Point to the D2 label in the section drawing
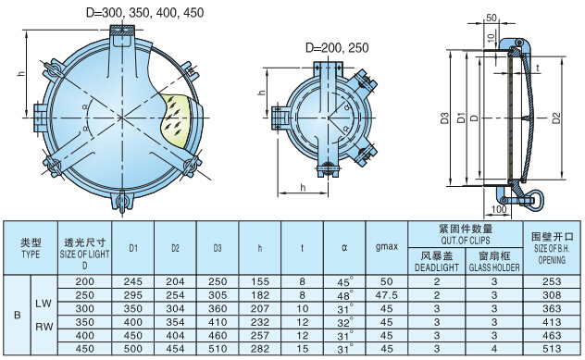click(x=556, y=118)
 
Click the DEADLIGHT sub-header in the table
click(x=436, y=263)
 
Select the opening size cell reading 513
click(x=553, y=349)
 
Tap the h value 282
click(x=260, y=349)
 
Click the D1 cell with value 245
click(x=133, y=281)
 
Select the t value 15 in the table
click(x=302, y=349)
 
